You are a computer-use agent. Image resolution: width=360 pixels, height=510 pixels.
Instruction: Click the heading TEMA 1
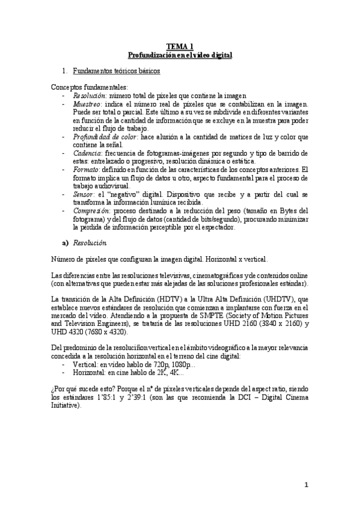180,46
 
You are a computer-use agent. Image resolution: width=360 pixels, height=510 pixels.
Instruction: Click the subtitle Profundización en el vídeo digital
180,55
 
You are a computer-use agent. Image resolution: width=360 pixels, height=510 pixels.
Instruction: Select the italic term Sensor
82,195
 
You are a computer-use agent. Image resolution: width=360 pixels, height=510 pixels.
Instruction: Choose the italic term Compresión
88,211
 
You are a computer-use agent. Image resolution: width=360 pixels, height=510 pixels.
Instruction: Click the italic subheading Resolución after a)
90,244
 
